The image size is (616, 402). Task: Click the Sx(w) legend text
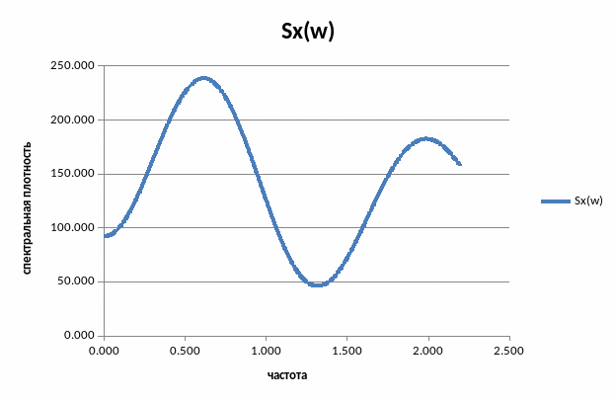[588, 201]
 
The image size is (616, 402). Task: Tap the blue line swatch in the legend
[556, 201]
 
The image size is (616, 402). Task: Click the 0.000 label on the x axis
[104, 351]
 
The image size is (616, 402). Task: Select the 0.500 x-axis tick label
[185, 351]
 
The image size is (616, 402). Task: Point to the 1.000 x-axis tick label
[266, 351]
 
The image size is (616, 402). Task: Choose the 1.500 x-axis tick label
[346, 351]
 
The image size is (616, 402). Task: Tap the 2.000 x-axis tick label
[427, 351]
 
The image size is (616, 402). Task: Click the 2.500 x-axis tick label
[508, 351]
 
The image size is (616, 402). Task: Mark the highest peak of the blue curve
[204, 78]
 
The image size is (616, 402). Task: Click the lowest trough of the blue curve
[317, 284]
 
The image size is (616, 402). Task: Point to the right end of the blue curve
[460, 164]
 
